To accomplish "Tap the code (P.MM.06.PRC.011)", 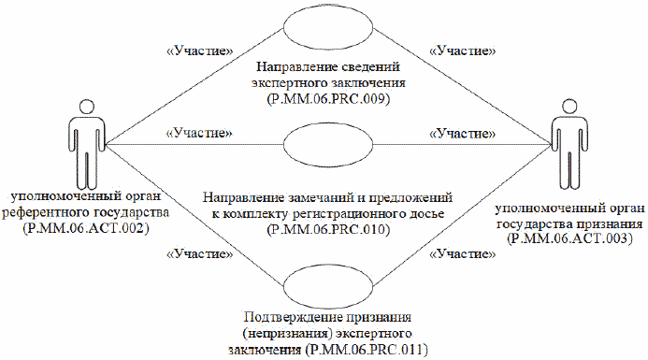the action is (368, 350).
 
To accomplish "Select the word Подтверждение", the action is (285, 318).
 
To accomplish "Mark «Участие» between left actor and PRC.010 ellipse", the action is (197, 134).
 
